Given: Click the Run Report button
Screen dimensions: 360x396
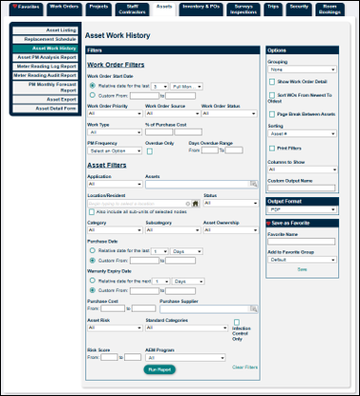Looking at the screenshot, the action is point(158,369).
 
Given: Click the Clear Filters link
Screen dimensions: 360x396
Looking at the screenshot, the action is point(244,367).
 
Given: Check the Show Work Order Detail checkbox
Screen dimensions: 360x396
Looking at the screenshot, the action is point(272,83).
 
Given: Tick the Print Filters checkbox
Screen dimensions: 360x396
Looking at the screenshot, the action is point(272,149).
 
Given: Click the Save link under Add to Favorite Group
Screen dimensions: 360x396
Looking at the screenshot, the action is point(302,269).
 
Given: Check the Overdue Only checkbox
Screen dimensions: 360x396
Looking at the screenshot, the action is point(149,151).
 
